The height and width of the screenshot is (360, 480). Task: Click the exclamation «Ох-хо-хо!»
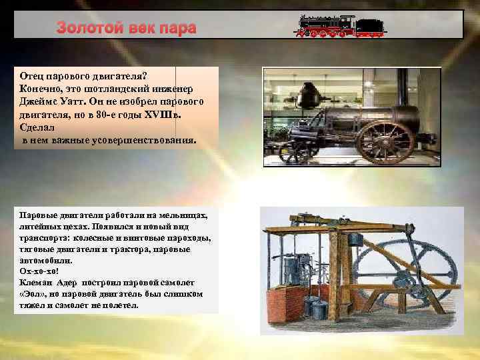[39, 271]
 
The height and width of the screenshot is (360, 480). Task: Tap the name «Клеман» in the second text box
[35, 282]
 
